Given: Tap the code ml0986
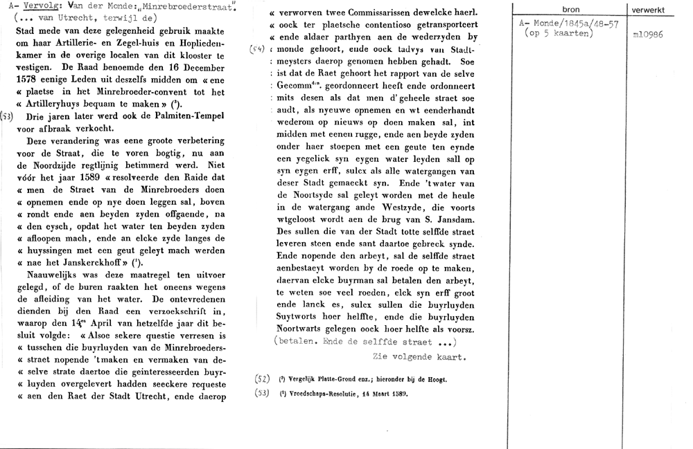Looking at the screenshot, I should coord(647,34).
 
